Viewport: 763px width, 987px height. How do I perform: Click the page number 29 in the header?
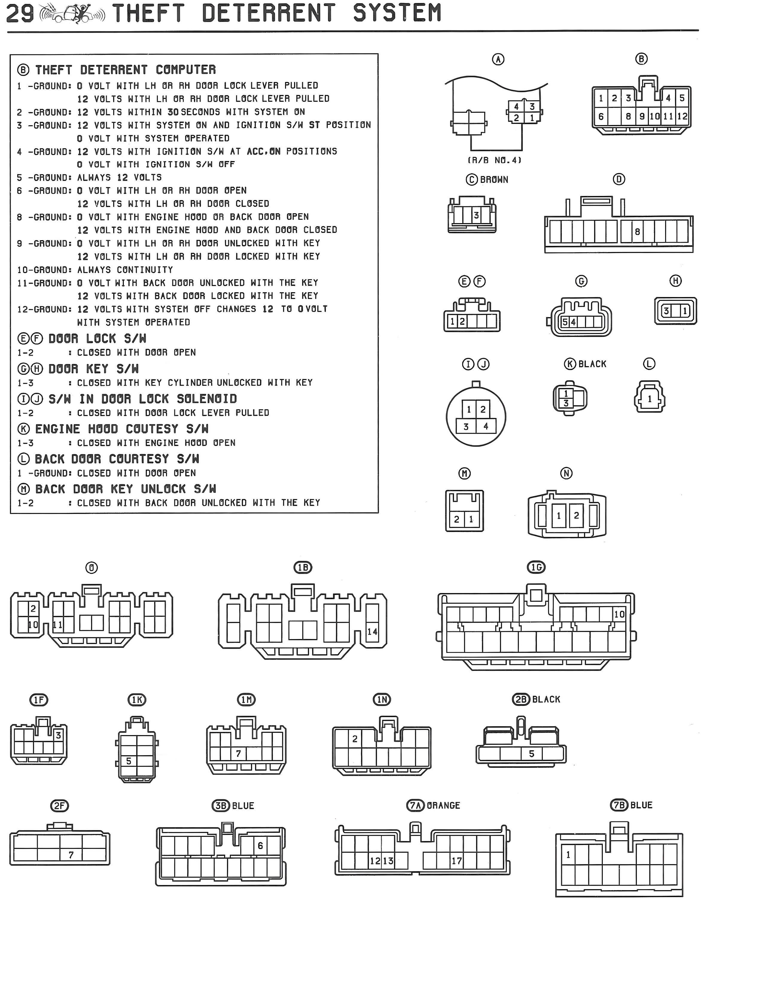pos(20,13)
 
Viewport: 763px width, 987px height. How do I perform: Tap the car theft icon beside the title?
pos(72,13)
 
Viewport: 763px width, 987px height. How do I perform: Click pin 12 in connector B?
pos(682,116)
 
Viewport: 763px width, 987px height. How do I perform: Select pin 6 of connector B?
pos(601,116)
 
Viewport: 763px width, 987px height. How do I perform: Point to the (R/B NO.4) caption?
pos(494,160)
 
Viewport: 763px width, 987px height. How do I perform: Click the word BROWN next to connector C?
pos(494,180)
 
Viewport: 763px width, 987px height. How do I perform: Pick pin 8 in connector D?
pos(637,232)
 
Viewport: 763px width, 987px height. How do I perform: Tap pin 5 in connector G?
pos(565,322)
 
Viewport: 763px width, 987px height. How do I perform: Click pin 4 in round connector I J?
pos(486,426)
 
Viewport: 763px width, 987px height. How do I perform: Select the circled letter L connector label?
pos(649,364)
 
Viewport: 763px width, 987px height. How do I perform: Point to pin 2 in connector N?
pos(576,515)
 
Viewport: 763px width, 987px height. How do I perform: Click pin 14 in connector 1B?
pos(372,631)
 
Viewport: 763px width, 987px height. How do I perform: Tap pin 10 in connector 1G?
pos(619,614)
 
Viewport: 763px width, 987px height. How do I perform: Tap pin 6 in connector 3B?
pos(260,846)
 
